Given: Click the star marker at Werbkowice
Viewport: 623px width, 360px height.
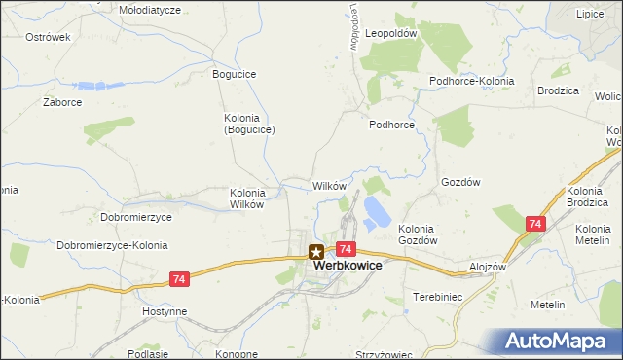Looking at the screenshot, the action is pos(316,252).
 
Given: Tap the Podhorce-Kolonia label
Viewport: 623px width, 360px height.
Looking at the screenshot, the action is pos(472,81).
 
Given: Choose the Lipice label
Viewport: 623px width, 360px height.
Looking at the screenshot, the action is pos(589,15).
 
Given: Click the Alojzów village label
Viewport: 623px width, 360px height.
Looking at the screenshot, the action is pos(485,267).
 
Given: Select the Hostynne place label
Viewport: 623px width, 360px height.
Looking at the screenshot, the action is pos(163,311).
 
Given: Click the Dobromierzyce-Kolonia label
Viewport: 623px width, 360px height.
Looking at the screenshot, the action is pos(112,245).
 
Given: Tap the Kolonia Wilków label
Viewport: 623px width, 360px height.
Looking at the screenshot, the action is pos(247,198).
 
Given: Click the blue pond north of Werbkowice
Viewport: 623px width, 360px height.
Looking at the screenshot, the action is pos(374,209).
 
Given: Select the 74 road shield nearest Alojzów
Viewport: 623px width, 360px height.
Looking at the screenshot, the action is pos(533,224).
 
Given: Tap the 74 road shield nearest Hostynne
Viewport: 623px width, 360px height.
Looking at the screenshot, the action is pos(177,279).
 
